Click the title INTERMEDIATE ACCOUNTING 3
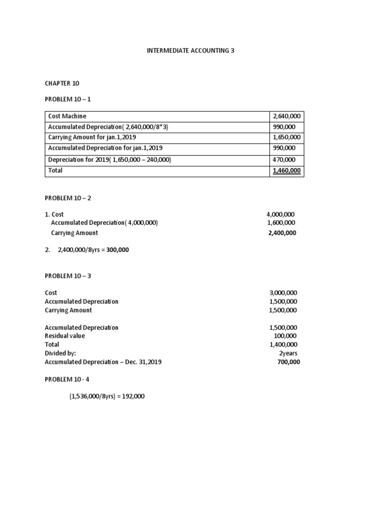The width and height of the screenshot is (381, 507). pos(190,51)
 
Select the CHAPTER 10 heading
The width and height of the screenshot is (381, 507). pos(62,83)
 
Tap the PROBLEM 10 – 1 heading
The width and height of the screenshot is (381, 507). pos(68,99)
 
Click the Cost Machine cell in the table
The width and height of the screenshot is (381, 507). pos(67,116)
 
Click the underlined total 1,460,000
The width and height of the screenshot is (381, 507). pos(287,171)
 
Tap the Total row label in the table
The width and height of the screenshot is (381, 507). pos(55,170)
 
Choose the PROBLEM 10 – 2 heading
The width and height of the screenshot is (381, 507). pos(68,198)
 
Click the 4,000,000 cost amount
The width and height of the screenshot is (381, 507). pos(280,214)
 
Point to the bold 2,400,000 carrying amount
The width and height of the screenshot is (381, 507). pos(282,233)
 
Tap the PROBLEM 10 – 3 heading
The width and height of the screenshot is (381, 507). pos(68,276)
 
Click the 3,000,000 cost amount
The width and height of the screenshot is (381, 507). pos(283,293)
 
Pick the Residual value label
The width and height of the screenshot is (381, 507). pos(64,336)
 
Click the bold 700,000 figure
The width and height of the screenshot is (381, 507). pos(288,362)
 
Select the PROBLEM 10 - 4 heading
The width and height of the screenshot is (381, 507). pos(67,379)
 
